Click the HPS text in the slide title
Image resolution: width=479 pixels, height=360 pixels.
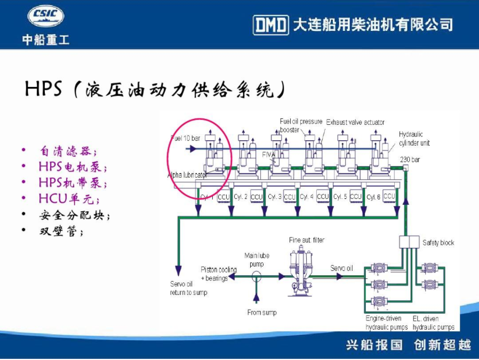[x=44, y=89]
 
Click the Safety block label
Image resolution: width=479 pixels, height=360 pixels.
[x=438, y=243]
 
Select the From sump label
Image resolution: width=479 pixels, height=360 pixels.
[x=262, y=313]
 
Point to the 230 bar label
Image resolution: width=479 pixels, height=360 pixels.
[x=410, y=159]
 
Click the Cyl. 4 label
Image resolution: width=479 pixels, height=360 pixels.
[x=307, y=197]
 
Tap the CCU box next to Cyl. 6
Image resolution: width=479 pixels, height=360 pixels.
[x=389, y=196]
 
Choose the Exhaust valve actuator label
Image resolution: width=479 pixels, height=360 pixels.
[x=355, y=123]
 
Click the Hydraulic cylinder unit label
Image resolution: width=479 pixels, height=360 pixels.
[x=414, y=139]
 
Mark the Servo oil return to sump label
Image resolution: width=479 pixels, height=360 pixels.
[x=188, y=289]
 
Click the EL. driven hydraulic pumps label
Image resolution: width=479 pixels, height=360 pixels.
[x=433, y=323]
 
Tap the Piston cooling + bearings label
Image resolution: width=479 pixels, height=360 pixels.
[x=218, y=274]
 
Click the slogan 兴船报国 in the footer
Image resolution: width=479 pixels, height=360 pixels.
[x=374, y=345]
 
